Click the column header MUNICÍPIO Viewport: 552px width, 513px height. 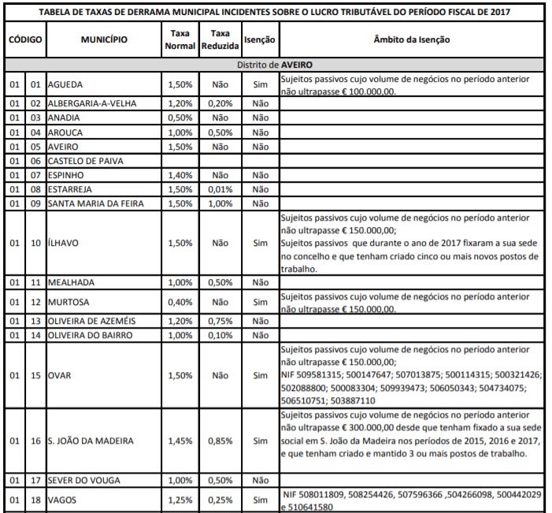pyautogui.click(x=103, y=39)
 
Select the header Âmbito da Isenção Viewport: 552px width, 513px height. pyautogui.click(x=412, y=39)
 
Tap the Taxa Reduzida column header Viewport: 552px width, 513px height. pyautogui.click(x=220, y=39)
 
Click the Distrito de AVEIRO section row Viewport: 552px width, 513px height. pyautogui.click(x=276, y=65)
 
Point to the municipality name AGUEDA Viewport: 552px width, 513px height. pyautogui.click(x=65, y=84)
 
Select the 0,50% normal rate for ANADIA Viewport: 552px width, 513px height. pyautogui.click(x=180, y=117)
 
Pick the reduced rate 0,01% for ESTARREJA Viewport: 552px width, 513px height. pyautogui.click(x=220, y=189)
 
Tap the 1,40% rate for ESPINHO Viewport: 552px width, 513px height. pyautogui.click(x=180, y=175)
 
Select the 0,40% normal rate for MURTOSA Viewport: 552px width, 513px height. pyautogui.click(x=180, y=302)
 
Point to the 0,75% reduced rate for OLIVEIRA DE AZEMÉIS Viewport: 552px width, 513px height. pyautogui.click(x=220, y=321)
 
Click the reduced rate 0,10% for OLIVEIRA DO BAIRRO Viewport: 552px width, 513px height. pyautogui.click(x=220, y=335)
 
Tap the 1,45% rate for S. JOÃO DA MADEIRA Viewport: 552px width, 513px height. pyautogui.click(x=180, y=441)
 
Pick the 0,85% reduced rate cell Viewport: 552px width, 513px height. pyautogui.click(x=220, y=441)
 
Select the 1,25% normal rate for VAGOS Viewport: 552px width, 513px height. pyautogui.click(x=180, y=500)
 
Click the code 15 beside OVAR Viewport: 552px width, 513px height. pyautogui.click(x=35, y=375)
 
